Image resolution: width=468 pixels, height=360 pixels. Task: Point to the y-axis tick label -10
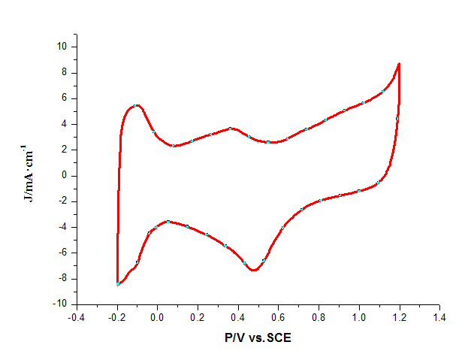click(60, 304)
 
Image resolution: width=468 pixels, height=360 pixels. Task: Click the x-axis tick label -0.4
click(76, 318)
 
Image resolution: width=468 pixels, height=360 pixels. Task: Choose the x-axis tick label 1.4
click(439, 318)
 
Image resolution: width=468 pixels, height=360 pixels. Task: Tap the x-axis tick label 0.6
click(278, 318)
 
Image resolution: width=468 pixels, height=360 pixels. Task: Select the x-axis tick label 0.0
click(157, 318)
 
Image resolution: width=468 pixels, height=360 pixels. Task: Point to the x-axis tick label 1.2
click(399, 318)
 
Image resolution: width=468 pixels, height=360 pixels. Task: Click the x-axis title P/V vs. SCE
click(258, 338)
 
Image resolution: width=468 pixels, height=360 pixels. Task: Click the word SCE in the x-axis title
click(278, 338)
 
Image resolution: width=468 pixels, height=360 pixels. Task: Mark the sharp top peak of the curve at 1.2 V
click(399, 64)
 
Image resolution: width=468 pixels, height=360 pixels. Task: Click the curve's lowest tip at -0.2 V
click(117, 284)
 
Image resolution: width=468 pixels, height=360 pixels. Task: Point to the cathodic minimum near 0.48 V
click(254, 270)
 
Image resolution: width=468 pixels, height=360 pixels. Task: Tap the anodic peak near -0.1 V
click(137, 105)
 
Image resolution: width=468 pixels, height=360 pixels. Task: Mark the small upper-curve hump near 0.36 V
click(231, 129)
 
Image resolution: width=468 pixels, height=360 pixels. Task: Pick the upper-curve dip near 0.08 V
click(174, 146)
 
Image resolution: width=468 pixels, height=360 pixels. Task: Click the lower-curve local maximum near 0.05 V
click(168, 222)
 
